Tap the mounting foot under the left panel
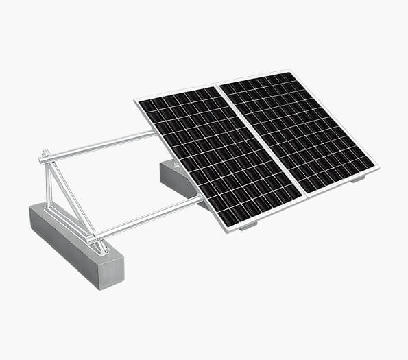(248, 224)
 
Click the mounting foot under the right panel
(357, 179)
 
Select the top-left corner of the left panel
(136, 101)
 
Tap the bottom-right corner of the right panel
(377, 166)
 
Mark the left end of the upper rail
(43, 159)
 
